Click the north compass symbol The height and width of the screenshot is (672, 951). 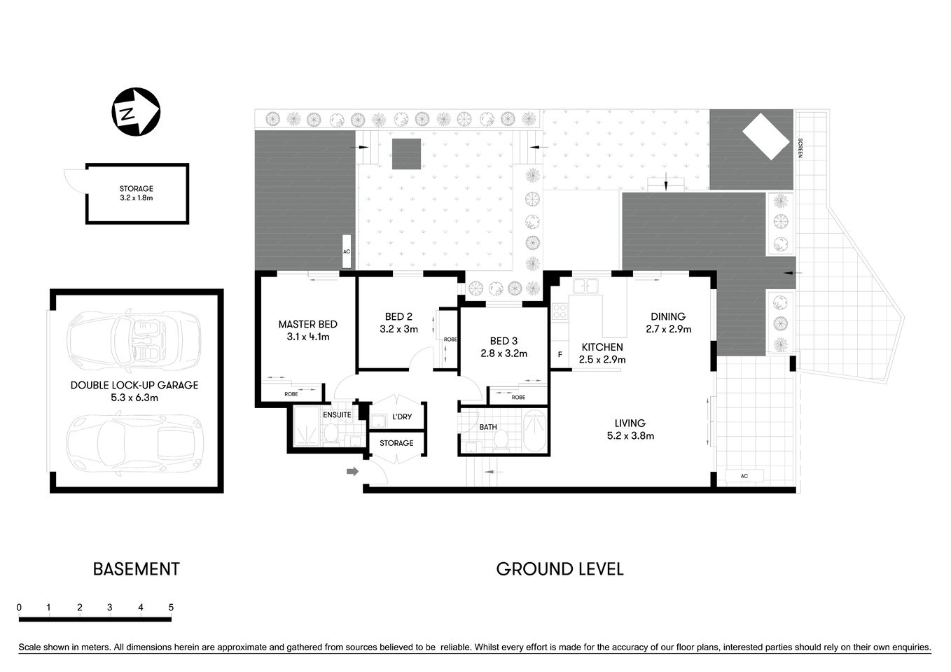[136, 112]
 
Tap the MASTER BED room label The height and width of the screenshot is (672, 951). [307, 324]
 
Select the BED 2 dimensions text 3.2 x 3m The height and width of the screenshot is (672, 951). [398, 329]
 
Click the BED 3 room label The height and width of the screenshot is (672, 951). [504, 341]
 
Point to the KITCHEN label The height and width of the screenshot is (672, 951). [602, 347]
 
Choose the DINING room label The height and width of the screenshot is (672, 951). [667, 316]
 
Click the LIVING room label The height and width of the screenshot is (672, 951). [630, 423]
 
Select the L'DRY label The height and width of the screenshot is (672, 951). [402, 416]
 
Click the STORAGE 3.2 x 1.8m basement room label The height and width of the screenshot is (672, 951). [136, 193]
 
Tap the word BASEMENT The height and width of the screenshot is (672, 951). [136, 569]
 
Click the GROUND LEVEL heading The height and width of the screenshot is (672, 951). [560, 569]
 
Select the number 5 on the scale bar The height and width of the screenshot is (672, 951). [171, 608]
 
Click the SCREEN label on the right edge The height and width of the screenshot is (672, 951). [800, 148]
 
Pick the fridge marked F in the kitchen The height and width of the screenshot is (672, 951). [560, 355]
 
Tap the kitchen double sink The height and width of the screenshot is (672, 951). [584, 286]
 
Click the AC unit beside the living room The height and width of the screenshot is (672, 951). [744, 476]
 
